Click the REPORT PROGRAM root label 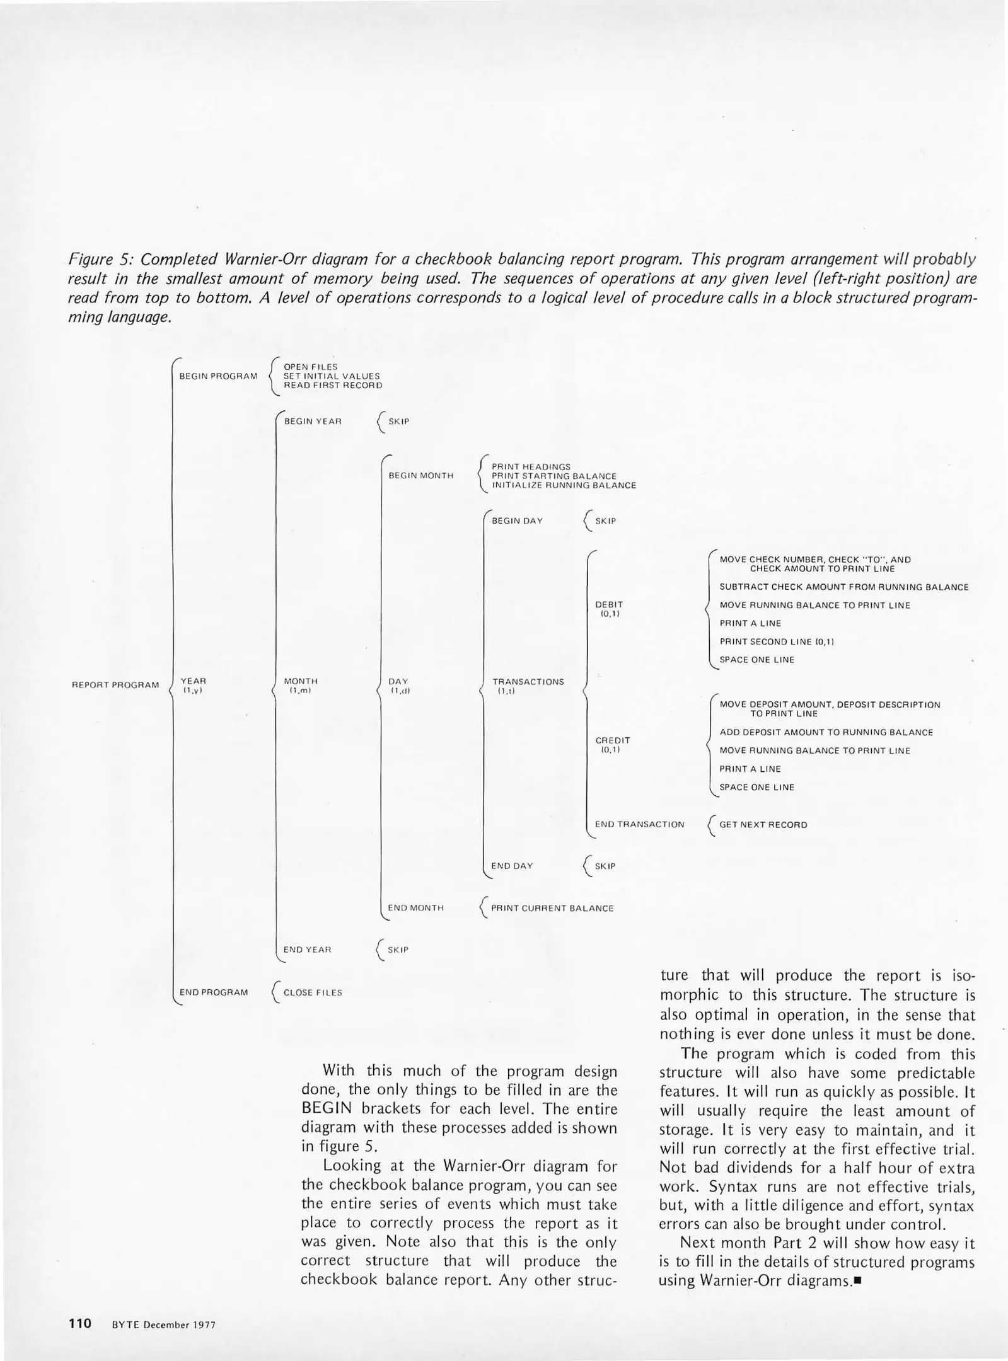(x=115, y=685)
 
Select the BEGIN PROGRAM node (x=218, y=376)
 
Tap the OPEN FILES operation (x=310, y=367)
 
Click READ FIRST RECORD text (x=332, y=386)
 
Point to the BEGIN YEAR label (x=313, y=421)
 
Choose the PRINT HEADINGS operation (x=531, y=467)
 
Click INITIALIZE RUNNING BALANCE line (x=564, y=486)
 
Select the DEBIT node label (x=608, y=604)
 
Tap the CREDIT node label (x=612, y=740)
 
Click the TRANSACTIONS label (x=528, y=682)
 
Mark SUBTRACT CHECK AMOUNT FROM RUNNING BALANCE (x=843, y=587)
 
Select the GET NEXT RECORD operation (x=763, y=825)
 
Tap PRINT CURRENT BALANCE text (x=552, y=908)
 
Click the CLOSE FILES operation (x=313, y=992)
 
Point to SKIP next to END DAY (x=605, y=866)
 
